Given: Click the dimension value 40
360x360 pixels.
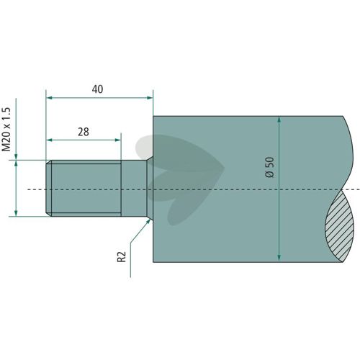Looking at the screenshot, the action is click(x=97, y=89).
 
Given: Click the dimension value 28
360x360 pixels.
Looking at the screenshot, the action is click(x=84, y=132).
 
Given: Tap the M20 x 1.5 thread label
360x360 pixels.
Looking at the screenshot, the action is click(x=6, y=130).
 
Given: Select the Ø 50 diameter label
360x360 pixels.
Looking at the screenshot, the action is click(x=270, y=167).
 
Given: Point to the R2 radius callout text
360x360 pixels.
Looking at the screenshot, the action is click(x=122, y=257).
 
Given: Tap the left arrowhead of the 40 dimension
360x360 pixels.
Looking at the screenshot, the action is click(x=49, y=98).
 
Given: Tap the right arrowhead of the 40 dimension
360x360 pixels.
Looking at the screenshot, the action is click(x=150, y=98).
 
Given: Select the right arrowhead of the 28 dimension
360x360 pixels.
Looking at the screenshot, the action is click(x=118, y=140).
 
